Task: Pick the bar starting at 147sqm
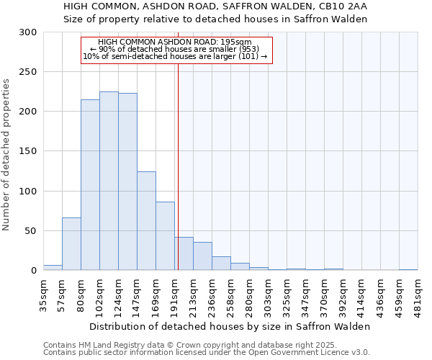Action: click(146, 220)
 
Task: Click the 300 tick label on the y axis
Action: click(28, 32)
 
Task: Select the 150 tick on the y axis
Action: click(28, 151)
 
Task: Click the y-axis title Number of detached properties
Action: click(7, 155)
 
